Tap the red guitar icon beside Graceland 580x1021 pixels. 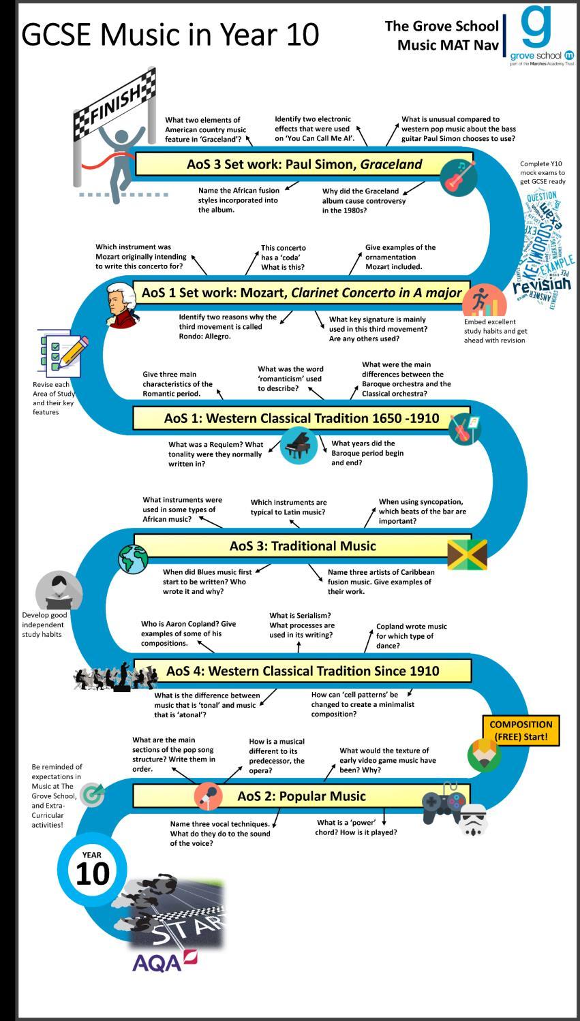(x=457, y=176)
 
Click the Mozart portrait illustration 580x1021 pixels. (x=121, y=304)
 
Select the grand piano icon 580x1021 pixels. (x=298, y=445)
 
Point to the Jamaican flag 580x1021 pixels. (x=467, y=554)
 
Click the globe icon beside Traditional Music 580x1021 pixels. (x=133, y=559)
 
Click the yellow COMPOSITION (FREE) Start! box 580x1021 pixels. (x=521, y=730)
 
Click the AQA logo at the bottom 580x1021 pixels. (x=164, y=961)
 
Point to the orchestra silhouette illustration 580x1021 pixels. (x=116, y=676)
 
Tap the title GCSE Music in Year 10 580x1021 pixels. (x=170, y=34)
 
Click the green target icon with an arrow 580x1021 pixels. (x=92, y=794)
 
